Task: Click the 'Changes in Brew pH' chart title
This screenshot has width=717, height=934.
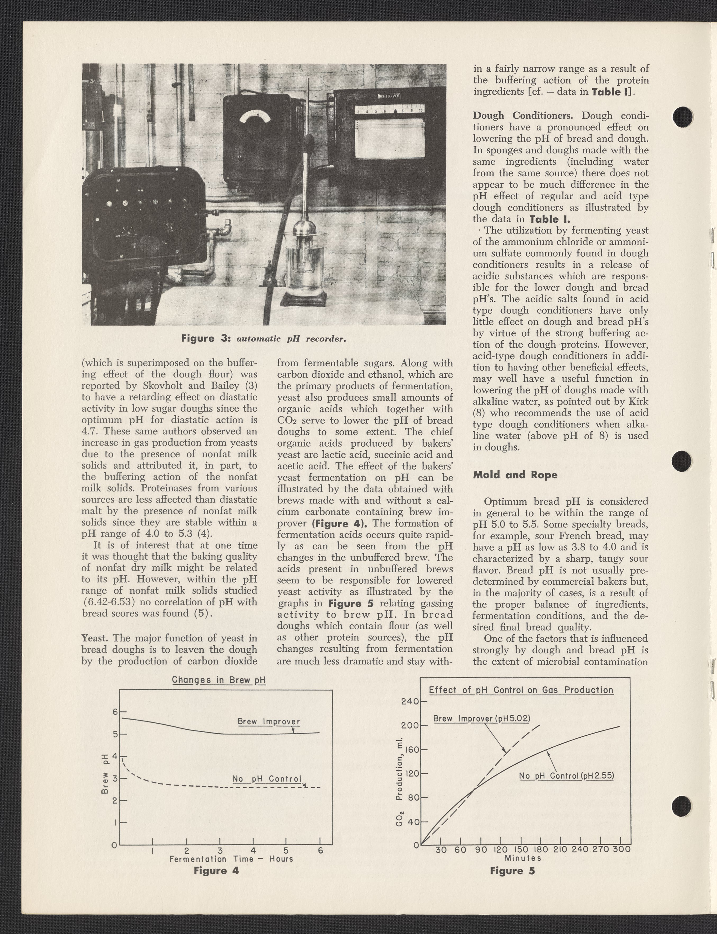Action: tap(219, 680)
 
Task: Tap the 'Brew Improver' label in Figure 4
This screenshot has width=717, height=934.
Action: tap(268, 722)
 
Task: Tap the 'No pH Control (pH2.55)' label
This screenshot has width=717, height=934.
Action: tap(566, 776)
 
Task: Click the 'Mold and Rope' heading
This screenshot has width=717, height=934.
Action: tap(515, 475)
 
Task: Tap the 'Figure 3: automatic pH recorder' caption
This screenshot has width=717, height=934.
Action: tap(263, 339)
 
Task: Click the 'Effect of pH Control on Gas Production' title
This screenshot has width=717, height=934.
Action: tap(521, 690)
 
